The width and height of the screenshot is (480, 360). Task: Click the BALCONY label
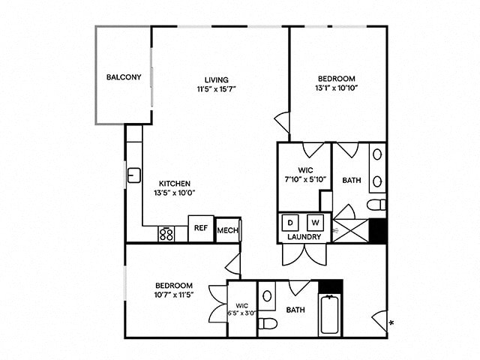pos(124,77)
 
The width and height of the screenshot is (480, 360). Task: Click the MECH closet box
pos(227,231)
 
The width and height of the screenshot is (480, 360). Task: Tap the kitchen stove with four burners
pos(167,234)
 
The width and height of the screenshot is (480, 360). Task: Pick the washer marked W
pos(315,223)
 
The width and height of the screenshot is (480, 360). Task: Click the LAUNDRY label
pos(304,237)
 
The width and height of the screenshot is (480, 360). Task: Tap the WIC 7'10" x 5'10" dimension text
pos(304,178)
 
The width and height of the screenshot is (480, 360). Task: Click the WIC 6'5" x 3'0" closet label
pos(241,309)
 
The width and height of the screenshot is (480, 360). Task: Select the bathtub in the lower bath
pos(330,316)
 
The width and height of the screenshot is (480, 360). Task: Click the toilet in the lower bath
pos(268,323)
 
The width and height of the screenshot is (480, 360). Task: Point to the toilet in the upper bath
pos(376,204)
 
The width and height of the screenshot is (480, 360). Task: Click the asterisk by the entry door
pos(391,323)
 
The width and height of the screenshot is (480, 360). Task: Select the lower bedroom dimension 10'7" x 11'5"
pos(174,295)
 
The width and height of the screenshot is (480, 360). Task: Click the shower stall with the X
pos(351,230)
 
